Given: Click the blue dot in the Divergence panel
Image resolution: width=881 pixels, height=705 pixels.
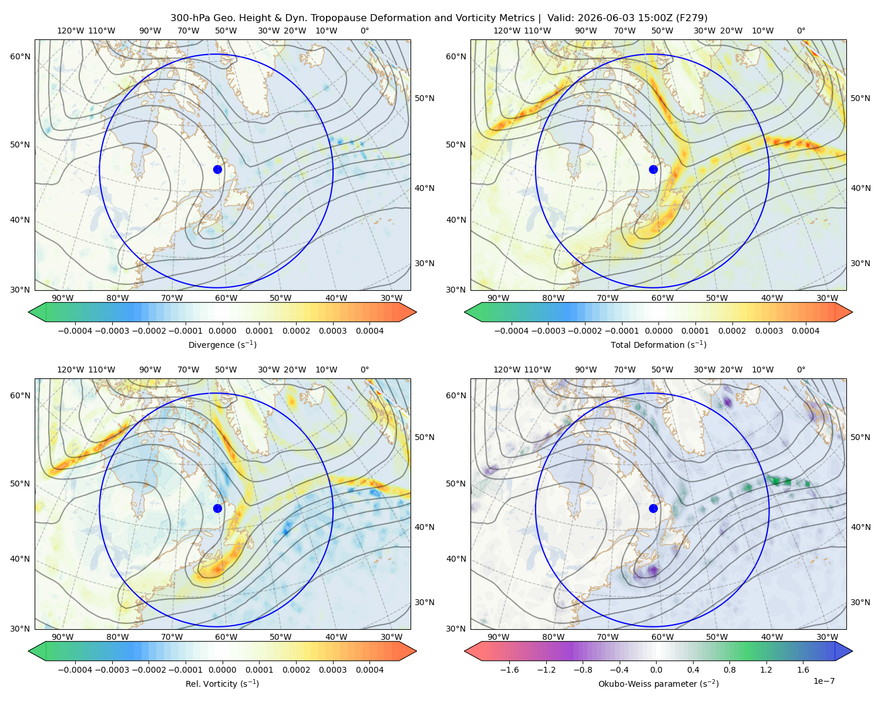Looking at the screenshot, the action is (x=217, y=169).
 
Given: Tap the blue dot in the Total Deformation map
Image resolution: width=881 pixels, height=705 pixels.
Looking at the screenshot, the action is (x=653, y=169).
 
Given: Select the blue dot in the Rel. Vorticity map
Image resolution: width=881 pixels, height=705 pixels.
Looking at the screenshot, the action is (x=217, y=508).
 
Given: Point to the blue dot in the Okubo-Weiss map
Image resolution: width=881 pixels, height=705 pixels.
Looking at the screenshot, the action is (x=653, y=508).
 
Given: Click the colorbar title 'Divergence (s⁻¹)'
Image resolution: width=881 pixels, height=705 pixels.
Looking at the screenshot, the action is (x=222, y=344).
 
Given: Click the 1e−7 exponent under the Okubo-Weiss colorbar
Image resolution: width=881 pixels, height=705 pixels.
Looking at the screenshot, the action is (x=823, y=681).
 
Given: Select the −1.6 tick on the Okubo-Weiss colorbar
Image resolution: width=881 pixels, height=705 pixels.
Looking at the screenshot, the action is (x=509, y=669).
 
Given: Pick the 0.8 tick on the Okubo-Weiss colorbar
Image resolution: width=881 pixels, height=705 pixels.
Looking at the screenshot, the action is (x=729, y=669).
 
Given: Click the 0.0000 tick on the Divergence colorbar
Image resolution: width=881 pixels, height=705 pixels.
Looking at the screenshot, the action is (x=222, y=331).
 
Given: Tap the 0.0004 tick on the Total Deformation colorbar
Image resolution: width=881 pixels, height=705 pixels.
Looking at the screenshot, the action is (x=805, y=331).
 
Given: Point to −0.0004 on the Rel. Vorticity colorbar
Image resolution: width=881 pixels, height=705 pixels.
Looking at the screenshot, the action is (x=75, y=669).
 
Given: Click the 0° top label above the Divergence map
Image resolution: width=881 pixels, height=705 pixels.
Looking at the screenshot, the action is (x=365, y=31).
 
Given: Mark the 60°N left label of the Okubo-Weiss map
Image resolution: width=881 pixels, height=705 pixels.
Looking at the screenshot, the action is (x=456, y=395).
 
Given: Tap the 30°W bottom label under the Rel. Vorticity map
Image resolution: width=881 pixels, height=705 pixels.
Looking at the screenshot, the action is (x=391, y=637).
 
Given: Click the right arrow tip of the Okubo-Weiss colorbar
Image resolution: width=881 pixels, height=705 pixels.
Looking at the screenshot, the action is (x=852, y=651).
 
